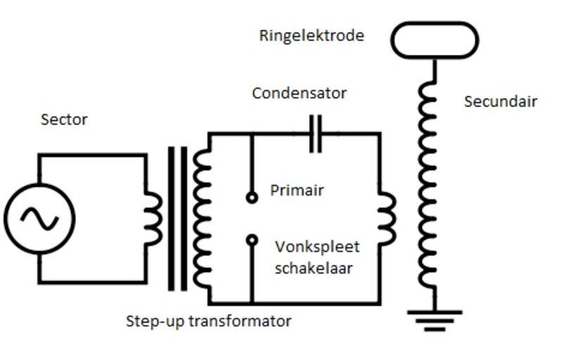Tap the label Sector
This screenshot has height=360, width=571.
coord(64,120)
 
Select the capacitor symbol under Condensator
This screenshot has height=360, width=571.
coord(316,134)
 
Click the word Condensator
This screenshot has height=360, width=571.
coord(299,94)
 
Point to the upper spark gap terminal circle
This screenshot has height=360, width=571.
coord(252,198)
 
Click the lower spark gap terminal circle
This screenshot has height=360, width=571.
coord(252,240)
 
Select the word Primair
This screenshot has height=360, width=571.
coord(297,191)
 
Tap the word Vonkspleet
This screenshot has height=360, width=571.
coord(317,247)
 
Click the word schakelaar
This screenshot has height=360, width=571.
coord(314,268)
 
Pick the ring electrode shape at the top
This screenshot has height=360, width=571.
coord(434,40)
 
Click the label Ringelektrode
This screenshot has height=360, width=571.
coord(311,36)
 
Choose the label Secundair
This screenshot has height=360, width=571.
coord(500,102)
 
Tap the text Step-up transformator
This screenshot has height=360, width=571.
coord(208,322)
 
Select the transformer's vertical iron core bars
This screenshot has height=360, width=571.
coord(178,218)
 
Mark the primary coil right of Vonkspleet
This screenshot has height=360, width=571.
coord(387,219)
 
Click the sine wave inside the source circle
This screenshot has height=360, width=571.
coord(39,219)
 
